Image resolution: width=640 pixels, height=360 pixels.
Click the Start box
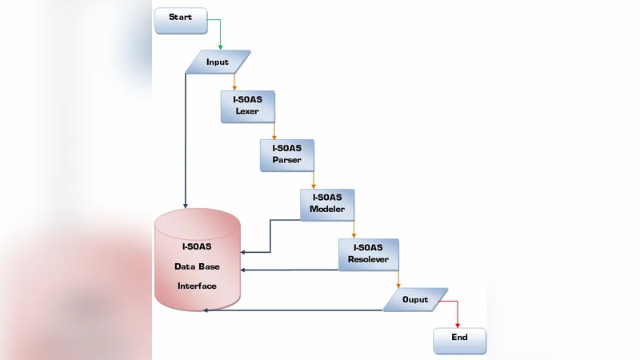click(180, 20)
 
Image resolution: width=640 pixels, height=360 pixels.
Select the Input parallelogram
click(218, 62)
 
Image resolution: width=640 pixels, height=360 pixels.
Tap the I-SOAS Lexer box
click(247, 106)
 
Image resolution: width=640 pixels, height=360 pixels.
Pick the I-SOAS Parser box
click(286, 154)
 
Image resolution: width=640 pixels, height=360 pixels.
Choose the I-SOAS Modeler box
click(326, 204)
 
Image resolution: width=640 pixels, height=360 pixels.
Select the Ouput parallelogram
click(415, 300)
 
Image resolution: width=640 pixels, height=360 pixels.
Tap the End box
click(459, 339)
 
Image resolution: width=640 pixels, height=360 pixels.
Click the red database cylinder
click(197, 260)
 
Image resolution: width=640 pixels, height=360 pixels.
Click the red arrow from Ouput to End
click(457, 312)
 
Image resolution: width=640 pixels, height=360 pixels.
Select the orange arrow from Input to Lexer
click(234, 82)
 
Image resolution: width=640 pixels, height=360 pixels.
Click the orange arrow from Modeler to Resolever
click(354, 228)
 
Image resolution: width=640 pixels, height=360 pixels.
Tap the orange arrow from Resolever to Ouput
click(398, 279)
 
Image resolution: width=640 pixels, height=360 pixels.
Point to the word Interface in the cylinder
click(197, 286)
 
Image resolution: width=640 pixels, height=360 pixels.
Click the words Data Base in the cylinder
click(197, 266)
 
